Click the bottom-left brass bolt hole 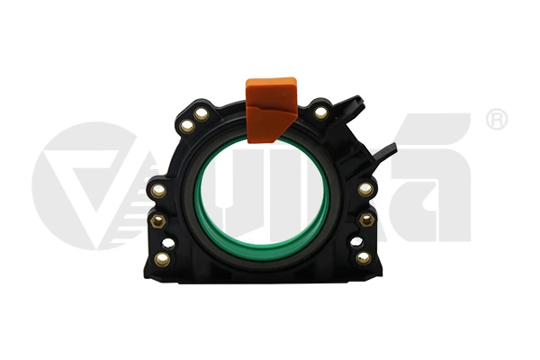pos(163,259)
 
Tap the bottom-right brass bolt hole pos(364,258)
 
